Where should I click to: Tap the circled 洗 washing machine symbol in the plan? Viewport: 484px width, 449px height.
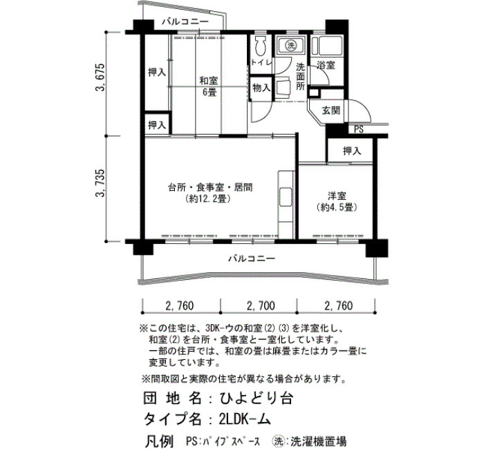click(x=290, y=46)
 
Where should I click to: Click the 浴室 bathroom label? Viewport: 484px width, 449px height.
click(x=326, y=66)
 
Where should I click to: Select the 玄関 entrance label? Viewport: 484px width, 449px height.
click(x=331, y=110)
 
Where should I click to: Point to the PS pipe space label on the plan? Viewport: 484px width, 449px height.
click(x=359, y=129)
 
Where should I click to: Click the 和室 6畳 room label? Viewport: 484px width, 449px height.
click(x=208, y=86)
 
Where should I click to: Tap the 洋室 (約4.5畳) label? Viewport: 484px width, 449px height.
click(x=337, y=202)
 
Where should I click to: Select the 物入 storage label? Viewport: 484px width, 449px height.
click(x=261, y=88)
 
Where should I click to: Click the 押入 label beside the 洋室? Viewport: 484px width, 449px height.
click(x=352, y=151)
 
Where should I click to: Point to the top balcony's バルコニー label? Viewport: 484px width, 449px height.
click(x=185, y=22)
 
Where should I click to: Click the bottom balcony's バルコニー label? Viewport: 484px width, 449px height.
click(x=252, y=258)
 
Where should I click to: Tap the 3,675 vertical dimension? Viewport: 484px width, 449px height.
click(x=101, y=77)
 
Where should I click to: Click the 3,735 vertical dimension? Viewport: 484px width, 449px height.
click(x=101, y=183)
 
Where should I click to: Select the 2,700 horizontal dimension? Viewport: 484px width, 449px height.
click(x=261, y=305)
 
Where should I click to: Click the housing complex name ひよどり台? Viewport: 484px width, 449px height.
click(x=256, y=398)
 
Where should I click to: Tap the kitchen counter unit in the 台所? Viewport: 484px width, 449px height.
click(x=286, y=204)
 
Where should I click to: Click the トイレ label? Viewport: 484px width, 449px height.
click(x=261, y=62)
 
